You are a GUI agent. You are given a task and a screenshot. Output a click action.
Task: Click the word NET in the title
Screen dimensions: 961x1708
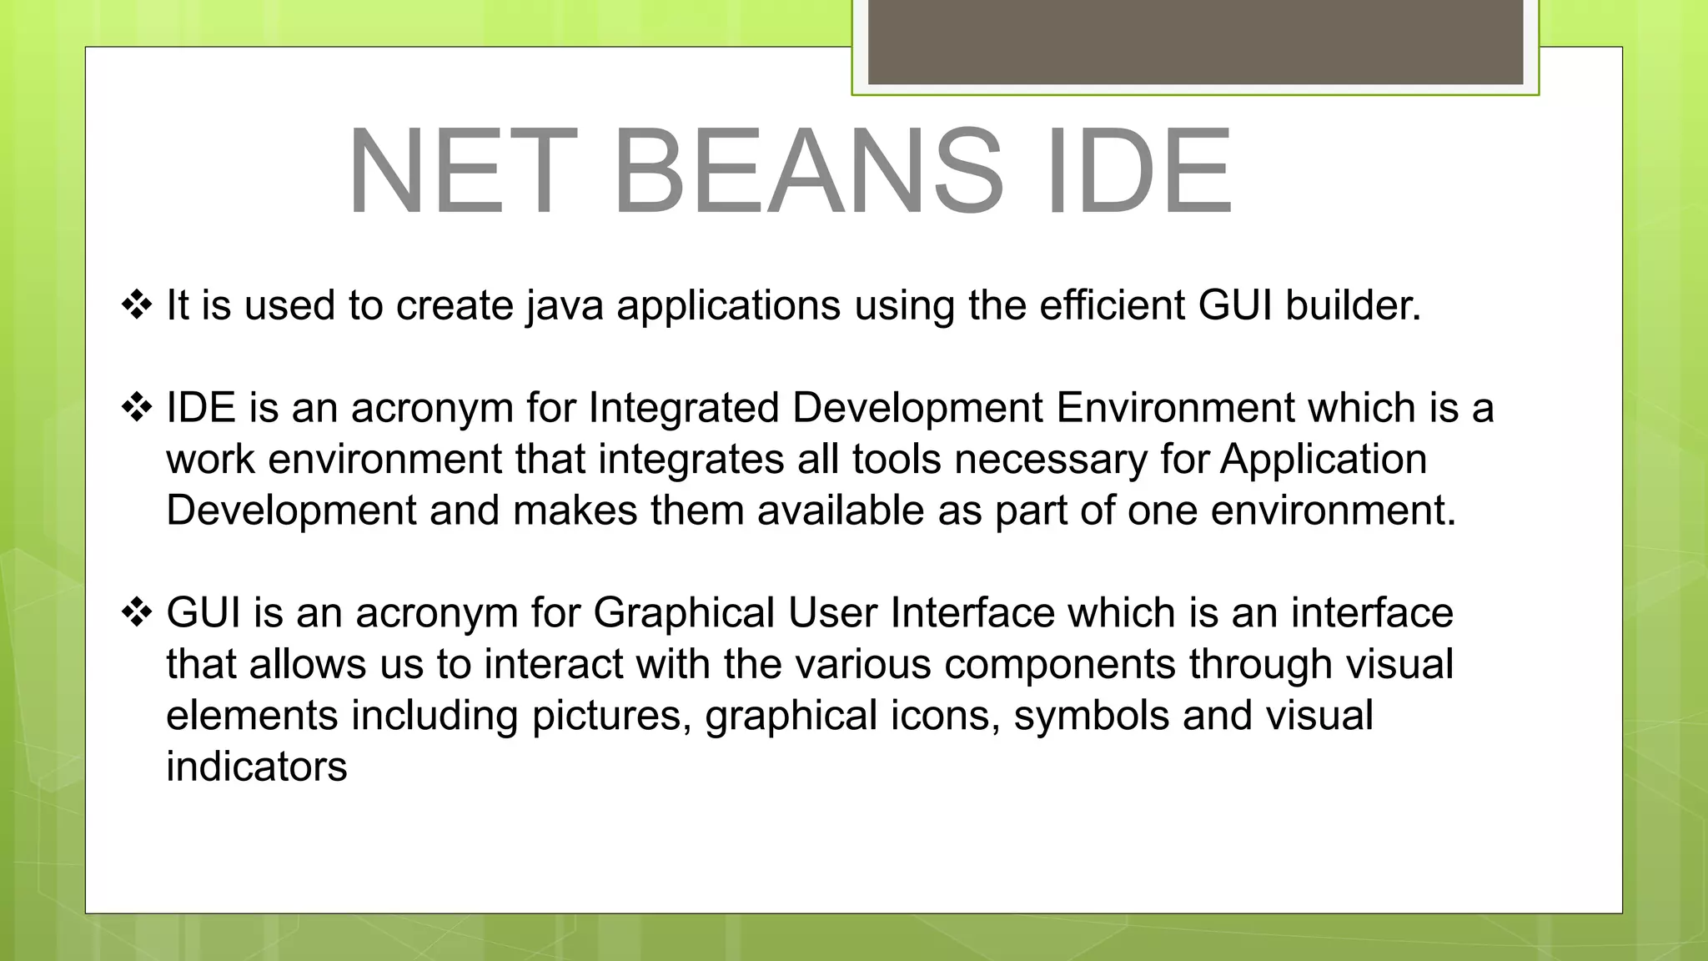pos(463,171)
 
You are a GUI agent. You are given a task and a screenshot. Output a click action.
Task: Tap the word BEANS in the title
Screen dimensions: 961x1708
pos(807,171)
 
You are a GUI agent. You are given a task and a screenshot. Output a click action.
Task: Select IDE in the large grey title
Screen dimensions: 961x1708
pos(1138,171)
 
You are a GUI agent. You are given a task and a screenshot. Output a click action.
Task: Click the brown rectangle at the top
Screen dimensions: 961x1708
pos(1195,42)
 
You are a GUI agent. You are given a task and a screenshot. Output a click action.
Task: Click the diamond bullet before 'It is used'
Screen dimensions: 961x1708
pos(137,305)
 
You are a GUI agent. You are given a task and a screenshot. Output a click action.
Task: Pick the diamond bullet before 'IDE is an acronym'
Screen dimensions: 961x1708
pos(137,408)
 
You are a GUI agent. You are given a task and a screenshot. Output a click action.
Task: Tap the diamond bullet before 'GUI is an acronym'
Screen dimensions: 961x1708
pos(137,613)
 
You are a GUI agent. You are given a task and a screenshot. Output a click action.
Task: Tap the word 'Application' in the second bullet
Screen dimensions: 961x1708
pos(1324,460)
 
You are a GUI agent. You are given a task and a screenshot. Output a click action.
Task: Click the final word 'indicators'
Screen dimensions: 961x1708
pos(256,767)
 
